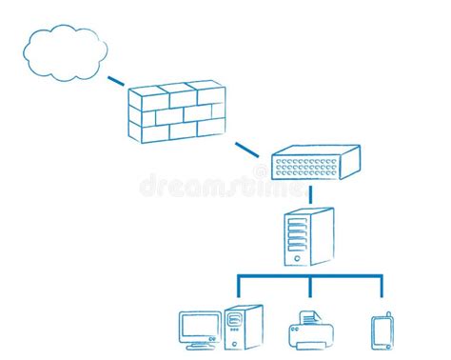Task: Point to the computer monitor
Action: coord(200,326)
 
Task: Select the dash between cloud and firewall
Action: coord(116,81)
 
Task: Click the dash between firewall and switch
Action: coord(246,149)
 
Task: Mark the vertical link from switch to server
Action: coord(310,194)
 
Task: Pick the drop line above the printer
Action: coord(310,289)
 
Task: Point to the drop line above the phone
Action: coord(382,289)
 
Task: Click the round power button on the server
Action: coord(298,257)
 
